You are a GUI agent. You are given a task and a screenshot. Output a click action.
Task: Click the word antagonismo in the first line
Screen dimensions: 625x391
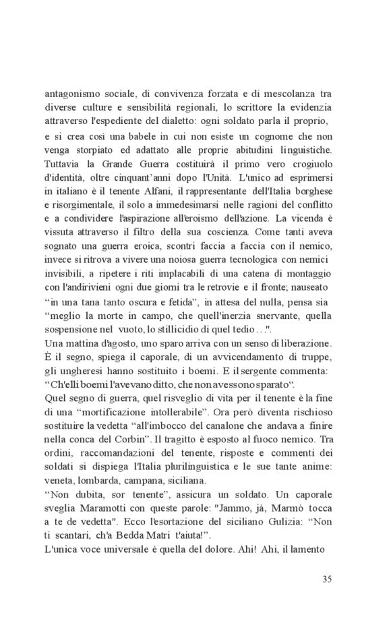click(72, 94)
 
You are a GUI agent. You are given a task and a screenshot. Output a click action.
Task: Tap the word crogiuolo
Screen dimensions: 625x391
click(306, 164)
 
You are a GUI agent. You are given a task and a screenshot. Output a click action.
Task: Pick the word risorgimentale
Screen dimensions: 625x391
click(84, 206)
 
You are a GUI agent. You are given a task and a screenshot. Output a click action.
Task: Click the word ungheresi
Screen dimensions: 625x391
click(81, 371)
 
